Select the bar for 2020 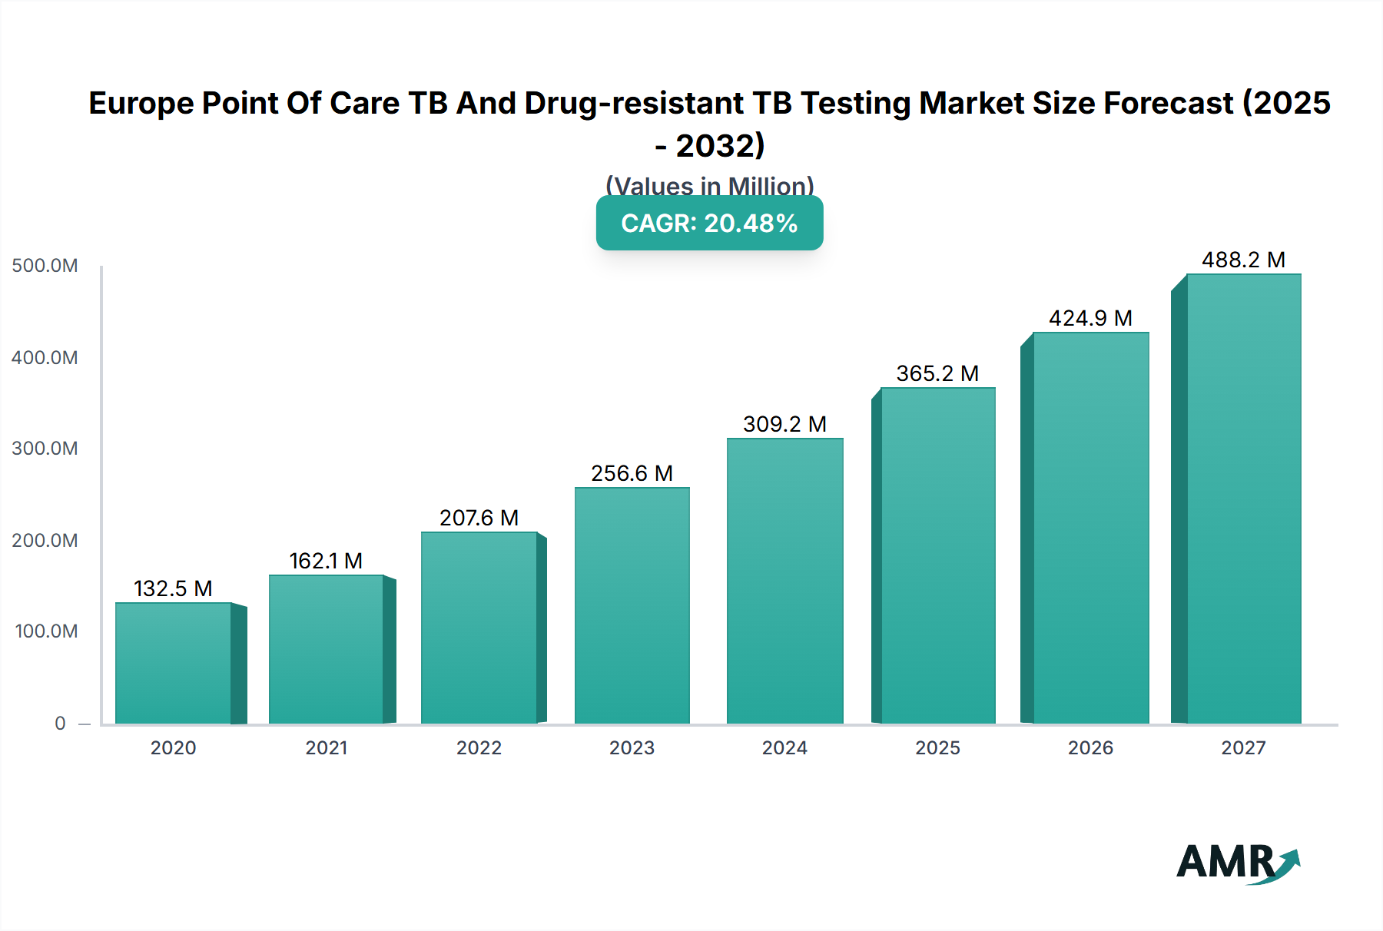174,663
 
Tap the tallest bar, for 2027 1243,499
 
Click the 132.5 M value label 173,588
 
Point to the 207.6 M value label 479,518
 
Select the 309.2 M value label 784,424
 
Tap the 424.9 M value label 1090,318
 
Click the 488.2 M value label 1243,260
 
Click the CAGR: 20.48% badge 709,223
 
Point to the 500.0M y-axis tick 45,266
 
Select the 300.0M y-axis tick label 45,449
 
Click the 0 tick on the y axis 60,723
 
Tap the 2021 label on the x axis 327,747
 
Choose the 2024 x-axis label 784,747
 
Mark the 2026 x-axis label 1090,747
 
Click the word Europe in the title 141,103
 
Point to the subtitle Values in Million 709,185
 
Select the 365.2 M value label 937,373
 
